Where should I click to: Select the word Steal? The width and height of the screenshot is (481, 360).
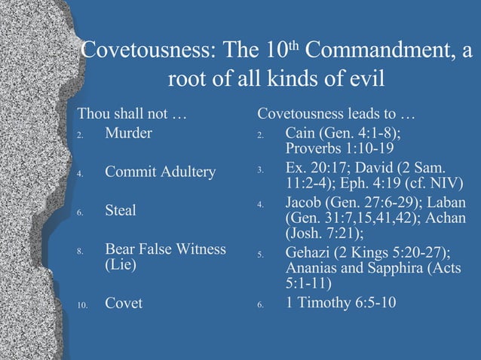(x=121, y=210)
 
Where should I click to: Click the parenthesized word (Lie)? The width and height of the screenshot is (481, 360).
(x=121, y=266)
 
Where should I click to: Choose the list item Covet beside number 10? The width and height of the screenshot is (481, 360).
(x=124, y=304)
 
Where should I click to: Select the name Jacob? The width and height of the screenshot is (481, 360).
(x=306, y=204)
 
